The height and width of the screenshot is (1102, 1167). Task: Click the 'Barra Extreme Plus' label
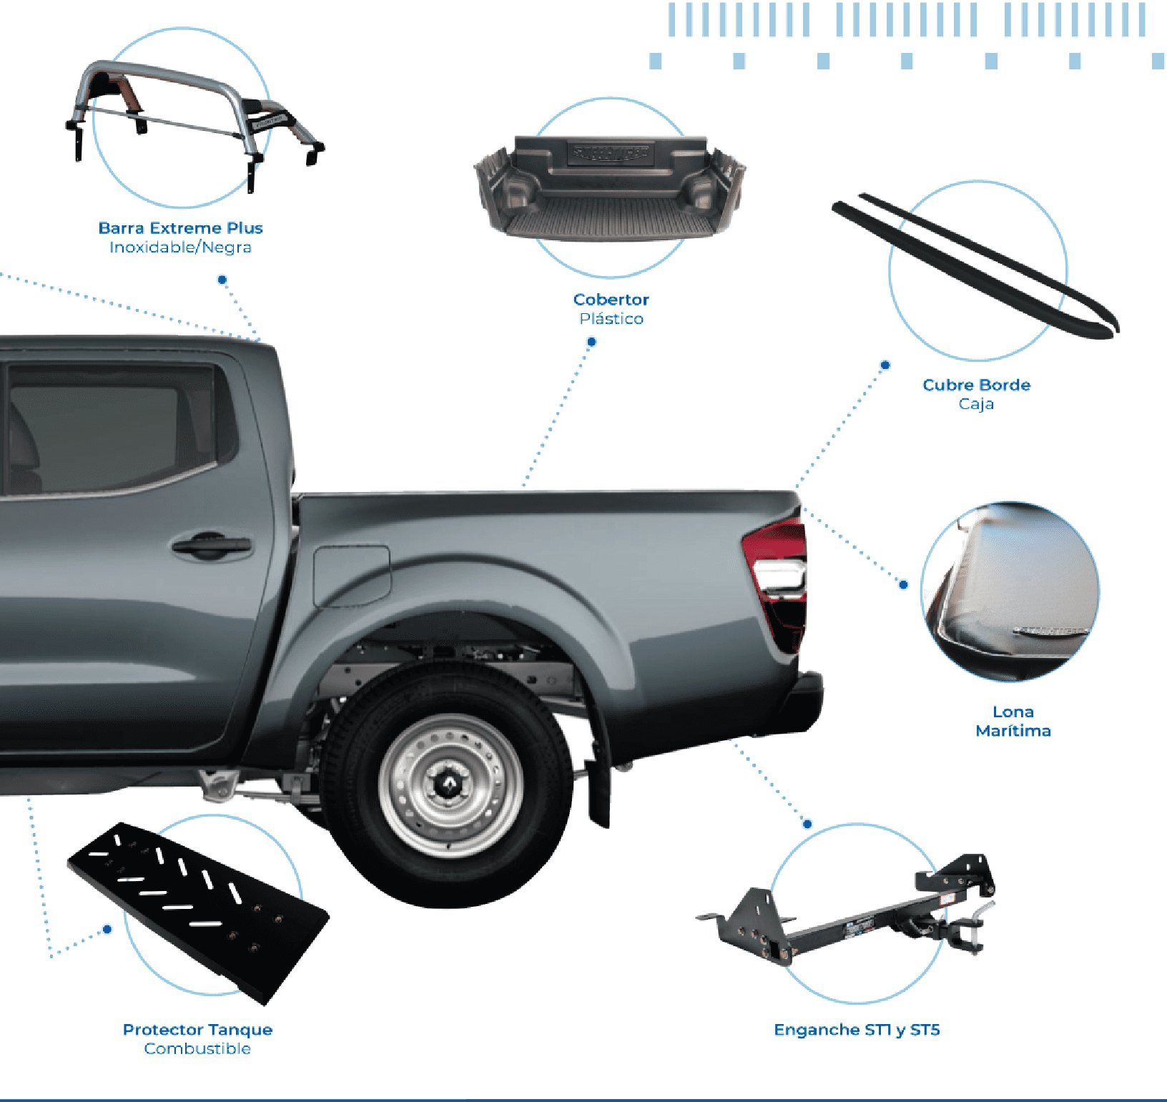(180, 228)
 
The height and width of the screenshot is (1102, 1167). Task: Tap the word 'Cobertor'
(611, 300)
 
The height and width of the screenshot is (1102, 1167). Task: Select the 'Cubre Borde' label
(977, 385)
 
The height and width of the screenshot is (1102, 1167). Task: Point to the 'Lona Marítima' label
(1013, 721)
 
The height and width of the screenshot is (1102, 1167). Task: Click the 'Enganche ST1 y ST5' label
(857, 1030)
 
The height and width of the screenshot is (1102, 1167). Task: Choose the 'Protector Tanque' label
(197, 1030)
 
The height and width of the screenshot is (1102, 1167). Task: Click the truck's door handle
(212, 547)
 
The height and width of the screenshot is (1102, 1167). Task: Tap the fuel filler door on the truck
(352, 576)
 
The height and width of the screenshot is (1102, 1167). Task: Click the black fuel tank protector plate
(198, 913)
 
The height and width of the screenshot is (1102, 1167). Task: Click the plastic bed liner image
(610, 188)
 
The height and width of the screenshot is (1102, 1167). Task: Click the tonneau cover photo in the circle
(1010, 591)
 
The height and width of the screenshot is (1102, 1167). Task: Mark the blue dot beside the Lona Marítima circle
(903, 584)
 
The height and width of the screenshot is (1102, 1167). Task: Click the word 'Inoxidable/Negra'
(180, 247)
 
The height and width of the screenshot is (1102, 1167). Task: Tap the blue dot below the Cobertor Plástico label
(591, 342)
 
